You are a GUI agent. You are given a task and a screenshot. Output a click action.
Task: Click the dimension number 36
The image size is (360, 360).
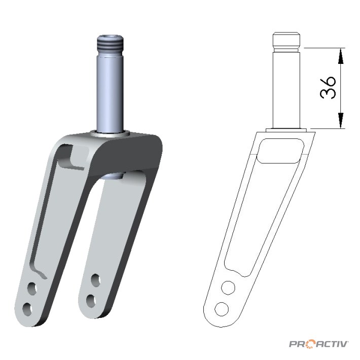point(328,88)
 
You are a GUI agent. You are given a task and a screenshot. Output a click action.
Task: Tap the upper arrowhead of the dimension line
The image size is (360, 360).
point(341,56)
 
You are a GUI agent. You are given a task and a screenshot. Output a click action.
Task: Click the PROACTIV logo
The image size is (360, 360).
point(318,344)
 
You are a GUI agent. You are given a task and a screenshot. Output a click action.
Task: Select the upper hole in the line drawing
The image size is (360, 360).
point(228,287)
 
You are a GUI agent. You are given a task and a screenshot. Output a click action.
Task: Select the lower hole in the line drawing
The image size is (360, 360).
point(222,309)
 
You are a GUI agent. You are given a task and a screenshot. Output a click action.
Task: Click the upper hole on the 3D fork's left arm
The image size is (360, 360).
point(32,289)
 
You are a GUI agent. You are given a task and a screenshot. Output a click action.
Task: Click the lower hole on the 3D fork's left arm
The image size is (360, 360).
point(27,309)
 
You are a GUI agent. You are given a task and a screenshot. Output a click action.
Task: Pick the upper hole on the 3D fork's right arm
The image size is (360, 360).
point(96,280)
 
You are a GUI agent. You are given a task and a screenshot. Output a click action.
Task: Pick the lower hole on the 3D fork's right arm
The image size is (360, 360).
point(91,301)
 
